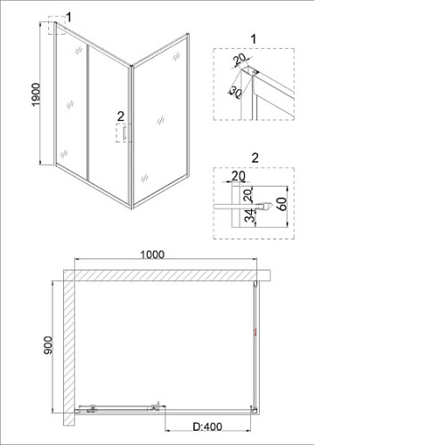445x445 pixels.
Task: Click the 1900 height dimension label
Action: (36, 95)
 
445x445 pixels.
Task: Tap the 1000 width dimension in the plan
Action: (152, 255)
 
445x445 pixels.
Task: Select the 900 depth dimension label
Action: (48, 345)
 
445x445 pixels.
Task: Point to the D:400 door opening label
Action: (207, 427)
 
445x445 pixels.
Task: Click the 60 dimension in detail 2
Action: (282, 204)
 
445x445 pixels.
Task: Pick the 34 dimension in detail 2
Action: (251, 215)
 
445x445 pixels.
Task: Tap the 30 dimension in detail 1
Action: (236, 92)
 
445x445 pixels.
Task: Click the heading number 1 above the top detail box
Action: (254, 39)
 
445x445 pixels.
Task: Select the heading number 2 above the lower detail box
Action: (255, 158)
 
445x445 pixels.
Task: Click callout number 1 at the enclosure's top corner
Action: (69, 18)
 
